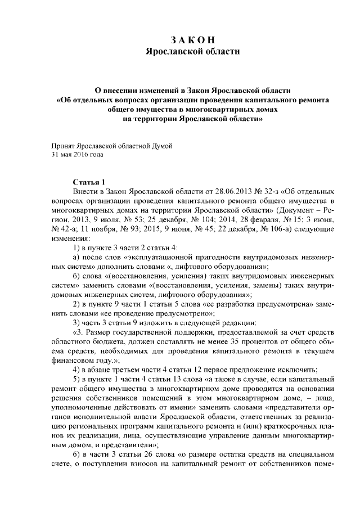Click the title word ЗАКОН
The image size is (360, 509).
tap(192, 39)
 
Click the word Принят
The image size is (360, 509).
tap(63, 145)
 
